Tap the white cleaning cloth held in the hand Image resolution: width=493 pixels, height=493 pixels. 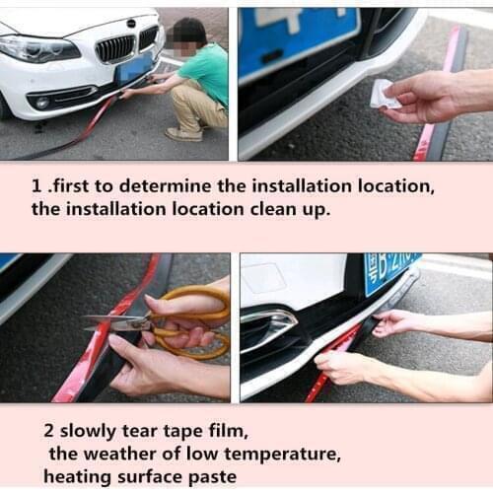pyautogui.click(x=384, y=95)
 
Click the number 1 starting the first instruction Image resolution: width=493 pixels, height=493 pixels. pyautogui.click(x=36, y=185)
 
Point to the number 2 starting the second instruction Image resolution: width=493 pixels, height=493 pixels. pyautogui.click(x=48, y=432)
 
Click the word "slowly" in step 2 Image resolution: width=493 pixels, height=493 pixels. pyautogui.click(x=95, y=432)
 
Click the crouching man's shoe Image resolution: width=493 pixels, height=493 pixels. pyautogui.click(x=183, y=134)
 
